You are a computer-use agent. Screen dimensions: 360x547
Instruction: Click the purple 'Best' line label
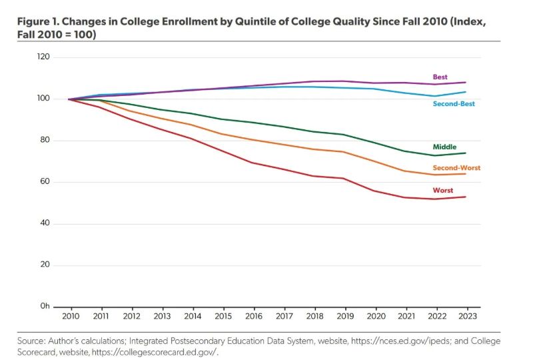pos(440,77)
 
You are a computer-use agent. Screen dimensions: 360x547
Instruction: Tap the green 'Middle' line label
pos(444,147)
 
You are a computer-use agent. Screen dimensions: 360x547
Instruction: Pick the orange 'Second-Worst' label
pos(456,168)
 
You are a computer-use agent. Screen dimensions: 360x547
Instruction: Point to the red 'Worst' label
pos(442,190)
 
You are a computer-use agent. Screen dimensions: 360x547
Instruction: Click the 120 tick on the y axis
pos(43,57)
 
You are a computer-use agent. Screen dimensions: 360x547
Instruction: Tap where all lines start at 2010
pos(70,99)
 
